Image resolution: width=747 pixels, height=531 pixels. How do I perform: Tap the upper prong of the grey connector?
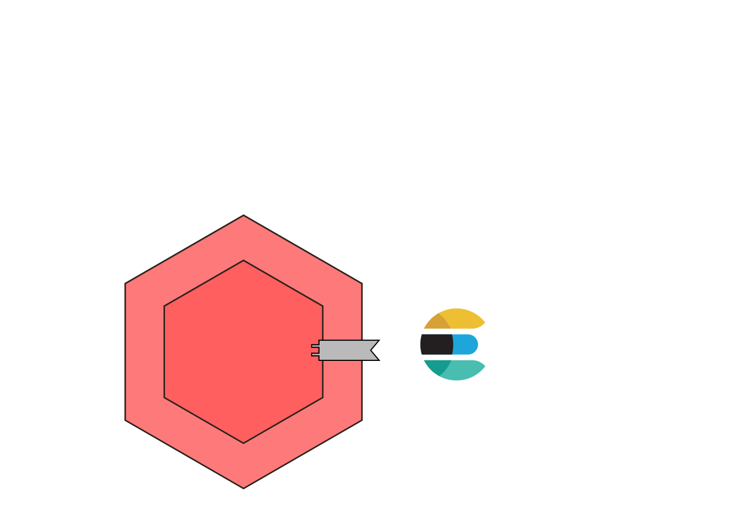(x=315, y=345)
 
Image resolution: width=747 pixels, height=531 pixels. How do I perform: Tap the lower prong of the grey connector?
(x=315, y=355)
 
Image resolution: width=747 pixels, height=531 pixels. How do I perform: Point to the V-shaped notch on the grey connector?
(x=374, y=350)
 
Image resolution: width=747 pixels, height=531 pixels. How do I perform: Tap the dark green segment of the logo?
(x=435, y=366)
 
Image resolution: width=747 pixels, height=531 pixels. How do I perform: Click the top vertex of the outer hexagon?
(x=244, y=216)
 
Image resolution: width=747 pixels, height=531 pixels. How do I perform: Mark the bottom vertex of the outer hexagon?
(x=244, y=487)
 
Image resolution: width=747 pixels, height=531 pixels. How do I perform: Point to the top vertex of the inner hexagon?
(x=244, y=261)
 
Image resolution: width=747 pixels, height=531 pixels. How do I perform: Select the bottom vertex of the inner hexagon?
(x=244, y=443)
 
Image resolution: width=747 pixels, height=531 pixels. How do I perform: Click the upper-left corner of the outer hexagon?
(x=126, y=284)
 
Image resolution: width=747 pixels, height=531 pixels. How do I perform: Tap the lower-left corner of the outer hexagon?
(x=126, y=420)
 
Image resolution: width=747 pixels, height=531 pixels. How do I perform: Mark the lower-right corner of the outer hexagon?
(x=362, y=420)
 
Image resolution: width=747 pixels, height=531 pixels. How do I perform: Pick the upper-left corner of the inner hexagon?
(x=164, y=306)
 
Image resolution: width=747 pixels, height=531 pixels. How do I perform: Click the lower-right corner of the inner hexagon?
(x=323, y=398)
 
